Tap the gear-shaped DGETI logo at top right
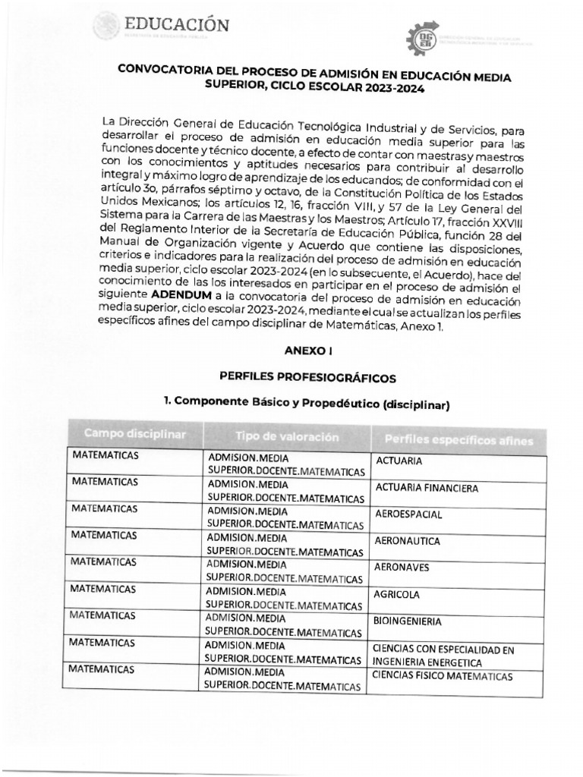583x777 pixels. tap(423, 38)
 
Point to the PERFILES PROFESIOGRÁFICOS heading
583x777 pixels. tap(307, 376)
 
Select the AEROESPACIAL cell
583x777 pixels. tap(408, 514)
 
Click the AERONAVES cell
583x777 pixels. tap(402, 567)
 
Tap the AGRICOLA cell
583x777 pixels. tap(397, 594)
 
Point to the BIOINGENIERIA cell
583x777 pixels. tap(408, 621)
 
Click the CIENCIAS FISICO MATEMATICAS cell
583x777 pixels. tap(443, 675)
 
